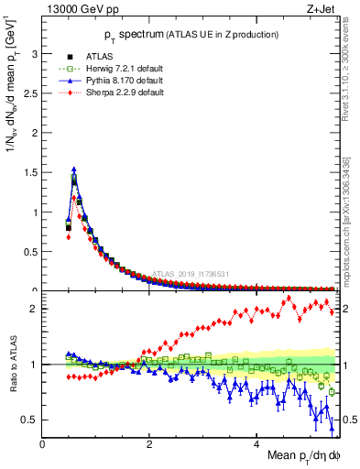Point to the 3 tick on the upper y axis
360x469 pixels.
click(34, 54)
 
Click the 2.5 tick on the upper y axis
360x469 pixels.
click(29, 93)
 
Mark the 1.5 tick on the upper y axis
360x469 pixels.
click(29, 173)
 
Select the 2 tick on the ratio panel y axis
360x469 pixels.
click(34, 309)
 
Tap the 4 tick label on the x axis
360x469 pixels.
click(257, 445)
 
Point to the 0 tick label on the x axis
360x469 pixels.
click(43, 445)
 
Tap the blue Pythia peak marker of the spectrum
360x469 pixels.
click(74, 169)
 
